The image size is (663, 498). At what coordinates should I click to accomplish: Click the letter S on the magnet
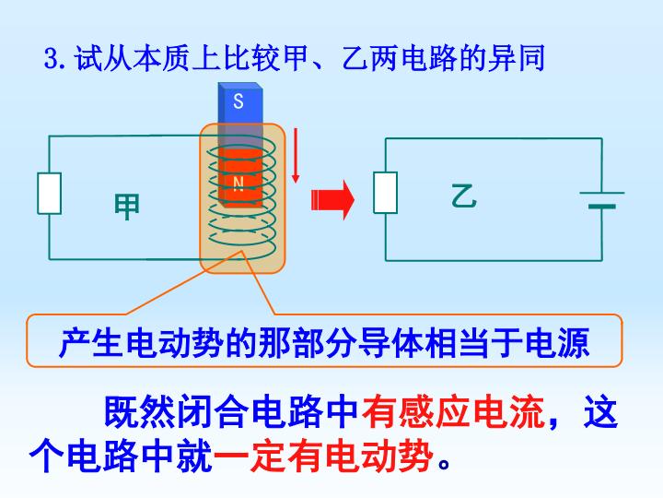238,101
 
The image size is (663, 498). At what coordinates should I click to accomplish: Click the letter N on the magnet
238,184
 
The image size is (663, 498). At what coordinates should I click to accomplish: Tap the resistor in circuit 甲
50,193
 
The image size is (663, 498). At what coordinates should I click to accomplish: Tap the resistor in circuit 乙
385,192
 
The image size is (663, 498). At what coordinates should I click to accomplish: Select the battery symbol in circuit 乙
602,200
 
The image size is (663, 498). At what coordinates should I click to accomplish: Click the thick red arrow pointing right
332,199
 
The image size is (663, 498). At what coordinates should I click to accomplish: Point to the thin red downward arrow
296,156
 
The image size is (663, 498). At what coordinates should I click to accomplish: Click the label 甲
127,207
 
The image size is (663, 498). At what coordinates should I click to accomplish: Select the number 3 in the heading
52,58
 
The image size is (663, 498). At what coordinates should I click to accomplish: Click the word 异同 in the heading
517,57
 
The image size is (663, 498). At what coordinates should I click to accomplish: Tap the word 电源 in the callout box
557,342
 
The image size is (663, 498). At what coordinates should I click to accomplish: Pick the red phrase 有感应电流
453,411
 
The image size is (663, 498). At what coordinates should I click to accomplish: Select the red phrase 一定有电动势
324,456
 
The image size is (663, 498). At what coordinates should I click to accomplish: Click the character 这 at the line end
600,411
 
